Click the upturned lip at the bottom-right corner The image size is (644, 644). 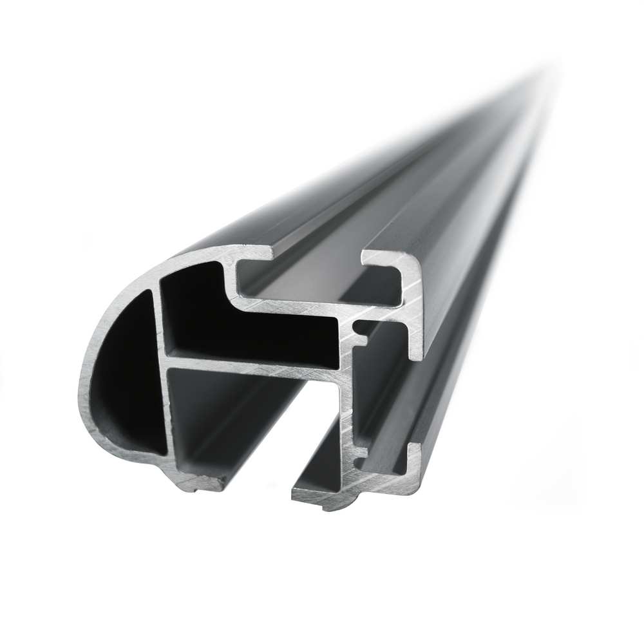click(x=415, y=454)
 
